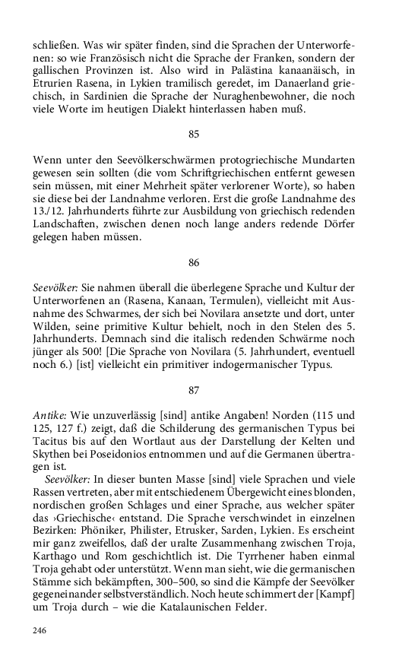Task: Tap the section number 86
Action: [x=194, y=262]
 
